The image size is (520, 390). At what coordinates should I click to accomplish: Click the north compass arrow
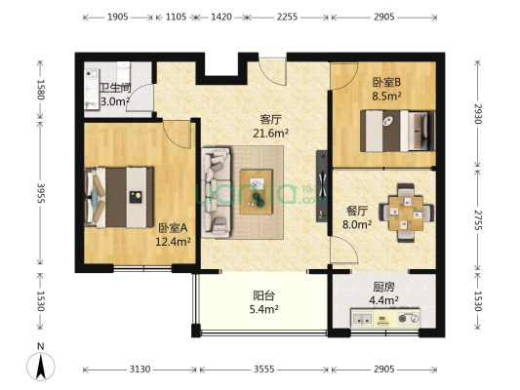pyautogui.click(x=41, y=366)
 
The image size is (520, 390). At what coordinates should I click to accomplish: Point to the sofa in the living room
pyautogui.click(x=215, y=191)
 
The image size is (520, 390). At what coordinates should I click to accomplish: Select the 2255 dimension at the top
pyautogui.click(x=287, y=18)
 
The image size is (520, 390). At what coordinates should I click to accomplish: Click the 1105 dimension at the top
pyautogui.click(x=177, y=18)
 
